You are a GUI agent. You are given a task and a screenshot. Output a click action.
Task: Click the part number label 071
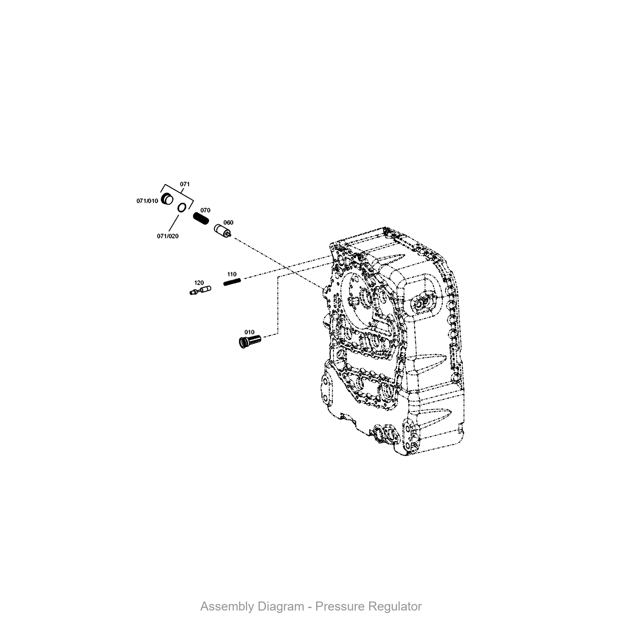tap(185, 184)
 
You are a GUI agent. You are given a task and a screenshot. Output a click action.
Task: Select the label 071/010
tap(147, 201)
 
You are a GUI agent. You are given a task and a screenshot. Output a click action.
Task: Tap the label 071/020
tap(168, 236)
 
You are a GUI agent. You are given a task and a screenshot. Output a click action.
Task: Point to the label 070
tap(205, 210)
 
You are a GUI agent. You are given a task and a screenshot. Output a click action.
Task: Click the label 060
tap(228, 222)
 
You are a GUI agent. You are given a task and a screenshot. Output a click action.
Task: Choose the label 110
tap(232, 274)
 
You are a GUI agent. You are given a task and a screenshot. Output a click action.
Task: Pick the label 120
tap(199, 283)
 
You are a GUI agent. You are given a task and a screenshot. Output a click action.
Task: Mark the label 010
tap(249, 332)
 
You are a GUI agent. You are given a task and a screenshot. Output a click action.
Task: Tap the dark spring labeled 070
tap(201, 219)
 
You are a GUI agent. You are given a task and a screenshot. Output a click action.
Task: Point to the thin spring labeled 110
tap(232, 282)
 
